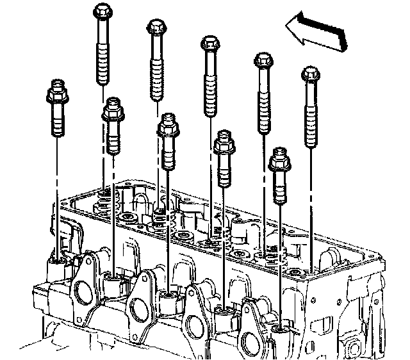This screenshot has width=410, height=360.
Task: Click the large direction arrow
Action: pos(317,33)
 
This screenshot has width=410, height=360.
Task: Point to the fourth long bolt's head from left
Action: pos(263,61)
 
